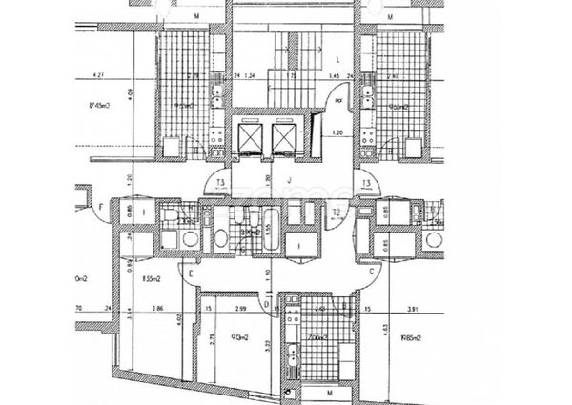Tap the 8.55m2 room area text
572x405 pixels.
[150, 279]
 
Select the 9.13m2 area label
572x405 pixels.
[238, 335]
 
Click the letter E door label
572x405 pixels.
[190, 272]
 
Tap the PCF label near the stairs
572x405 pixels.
[337, 97]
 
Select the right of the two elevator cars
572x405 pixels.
[284, 141]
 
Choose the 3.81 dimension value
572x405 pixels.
[411, 310]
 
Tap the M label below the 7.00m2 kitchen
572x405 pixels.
[328, 393]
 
